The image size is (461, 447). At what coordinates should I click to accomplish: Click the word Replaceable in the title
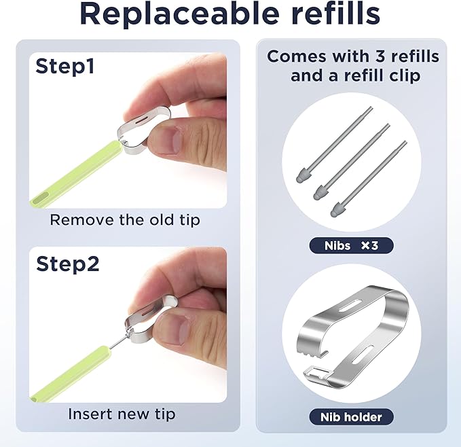tap(179, 15)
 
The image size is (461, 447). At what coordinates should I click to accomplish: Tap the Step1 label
tap(65, 67)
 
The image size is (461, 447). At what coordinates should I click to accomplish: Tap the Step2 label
tap(68, 264)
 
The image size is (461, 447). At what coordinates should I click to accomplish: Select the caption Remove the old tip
tap(125, 220)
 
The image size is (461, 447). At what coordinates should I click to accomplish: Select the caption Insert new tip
tap(122, 414)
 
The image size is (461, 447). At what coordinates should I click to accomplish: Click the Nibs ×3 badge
tap(351, 245)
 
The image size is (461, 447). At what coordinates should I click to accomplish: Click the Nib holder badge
tap(351, 417)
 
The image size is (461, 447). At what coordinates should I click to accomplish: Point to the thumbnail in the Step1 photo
tap(168, 140)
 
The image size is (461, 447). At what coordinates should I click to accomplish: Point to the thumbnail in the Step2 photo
tap(176, 329)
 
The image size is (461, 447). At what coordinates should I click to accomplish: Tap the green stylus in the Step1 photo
tap(77, 173)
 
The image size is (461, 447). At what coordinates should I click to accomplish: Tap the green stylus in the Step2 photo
tap(71, 374)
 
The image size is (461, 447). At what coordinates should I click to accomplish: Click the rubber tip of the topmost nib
tap(303, 175)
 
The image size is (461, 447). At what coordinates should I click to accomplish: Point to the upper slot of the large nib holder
tap(350, 305)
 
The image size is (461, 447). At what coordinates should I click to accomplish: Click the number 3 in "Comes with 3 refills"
tap(380, 56)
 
